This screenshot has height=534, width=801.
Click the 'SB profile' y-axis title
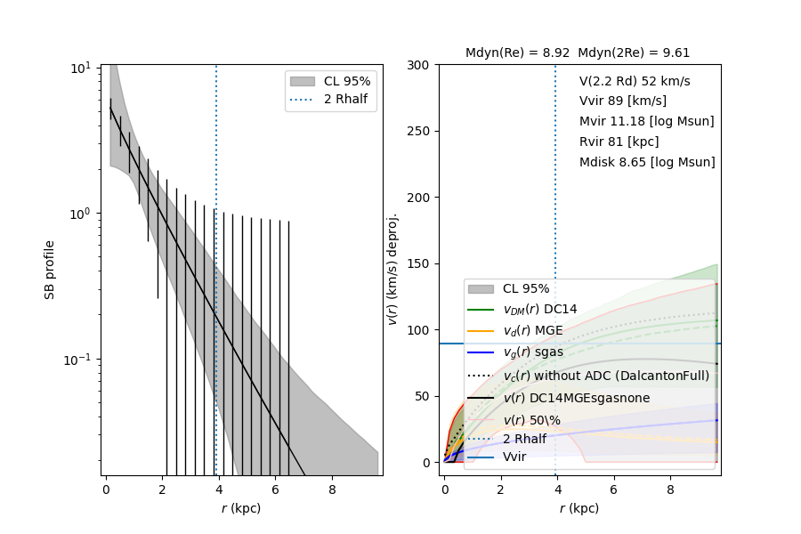click(51, 269)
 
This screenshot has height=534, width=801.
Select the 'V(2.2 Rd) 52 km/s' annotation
click(635, 81)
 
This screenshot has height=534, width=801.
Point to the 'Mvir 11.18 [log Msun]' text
click(646, 122)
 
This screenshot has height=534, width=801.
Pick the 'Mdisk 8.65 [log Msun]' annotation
click(647, 163)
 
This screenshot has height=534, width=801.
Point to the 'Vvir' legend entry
click(514, 457)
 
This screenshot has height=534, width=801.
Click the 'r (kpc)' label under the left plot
click(241, 508)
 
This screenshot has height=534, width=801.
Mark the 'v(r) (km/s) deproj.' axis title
click(392, 269)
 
